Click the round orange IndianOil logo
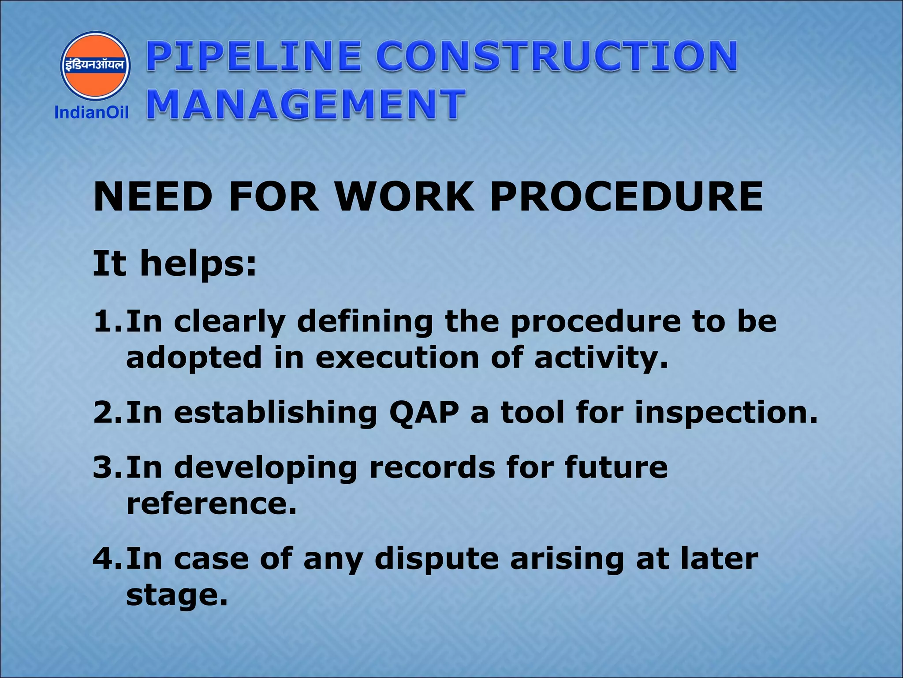(95, 65)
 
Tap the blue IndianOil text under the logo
(91, 113)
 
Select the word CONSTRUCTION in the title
(556, 56)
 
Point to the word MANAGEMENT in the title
(306, 105)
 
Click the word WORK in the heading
(404, 197)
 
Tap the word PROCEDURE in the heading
(627, 197)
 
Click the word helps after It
(198, 264)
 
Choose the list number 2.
(106, 412)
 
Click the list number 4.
(106, 558)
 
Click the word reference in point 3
(211, 504)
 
